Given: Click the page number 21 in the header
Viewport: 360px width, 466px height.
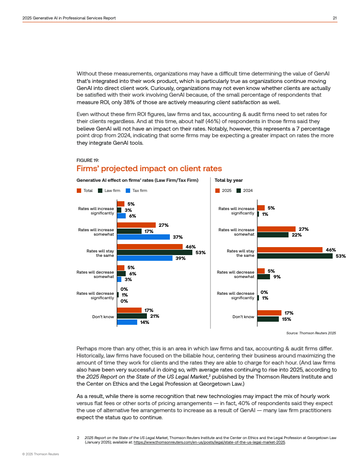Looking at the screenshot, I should click(335, 18).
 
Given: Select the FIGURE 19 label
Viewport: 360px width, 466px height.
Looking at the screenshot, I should click(88, 160).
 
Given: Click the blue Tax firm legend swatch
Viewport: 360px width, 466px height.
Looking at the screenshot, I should click(128, 191).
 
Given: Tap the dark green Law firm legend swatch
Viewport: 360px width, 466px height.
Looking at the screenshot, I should click(100, 191).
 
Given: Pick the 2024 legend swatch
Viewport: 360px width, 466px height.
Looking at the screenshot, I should click(239, 191).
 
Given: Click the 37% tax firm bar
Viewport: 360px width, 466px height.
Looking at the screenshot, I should click(143, 237).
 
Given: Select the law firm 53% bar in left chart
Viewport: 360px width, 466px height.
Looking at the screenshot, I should click(154, 252).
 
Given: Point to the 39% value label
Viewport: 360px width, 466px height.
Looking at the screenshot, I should click(180, 258).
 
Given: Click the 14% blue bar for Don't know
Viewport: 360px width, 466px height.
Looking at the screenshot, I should click(127, 322).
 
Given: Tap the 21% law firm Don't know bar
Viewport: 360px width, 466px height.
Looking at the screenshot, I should click(132, 316).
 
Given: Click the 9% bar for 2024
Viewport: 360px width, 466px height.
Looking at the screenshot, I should click(263, 277).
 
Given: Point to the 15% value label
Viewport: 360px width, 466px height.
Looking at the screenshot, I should click(286, 319).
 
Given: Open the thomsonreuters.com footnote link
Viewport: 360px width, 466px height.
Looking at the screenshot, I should click(210, 442).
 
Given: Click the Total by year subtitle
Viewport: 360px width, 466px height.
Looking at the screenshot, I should click(229, 180).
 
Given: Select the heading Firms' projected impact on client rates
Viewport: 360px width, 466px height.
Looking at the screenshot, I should click(149, 169).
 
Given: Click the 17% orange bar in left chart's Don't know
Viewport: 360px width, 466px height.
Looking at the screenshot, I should click(129, 310).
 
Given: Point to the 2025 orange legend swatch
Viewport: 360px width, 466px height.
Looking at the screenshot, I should click(217, 191).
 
